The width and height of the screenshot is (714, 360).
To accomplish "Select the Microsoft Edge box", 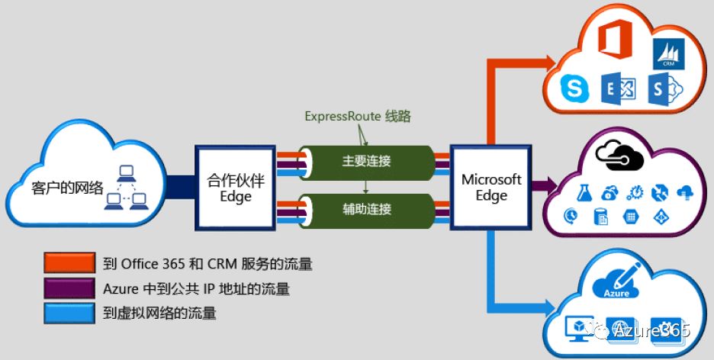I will click(x=491, y=188).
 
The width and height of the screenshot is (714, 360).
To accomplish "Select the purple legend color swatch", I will click(x=69, y=289).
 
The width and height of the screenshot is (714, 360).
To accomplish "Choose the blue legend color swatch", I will click(x=69, y=313).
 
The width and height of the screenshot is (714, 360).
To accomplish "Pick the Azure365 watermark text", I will click(x=651, y=329).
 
